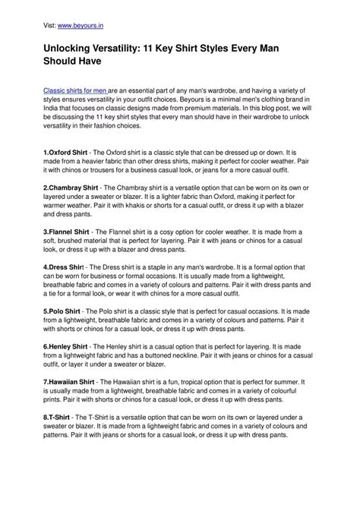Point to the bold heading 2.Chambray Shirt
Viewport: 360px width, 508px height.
pyautogui.click(x=72, y=186)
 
